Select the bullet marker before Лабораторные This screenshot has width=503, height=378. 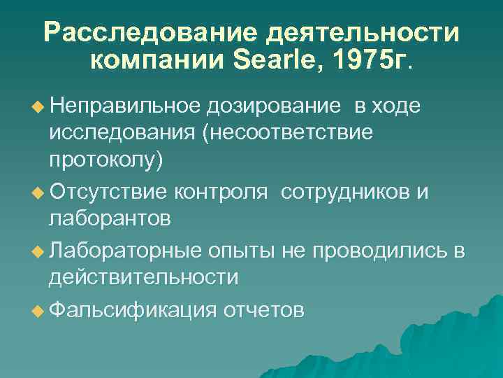click(x=38, y=250)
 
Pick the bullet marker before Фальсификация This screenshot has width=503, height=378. click(x=38, y=309)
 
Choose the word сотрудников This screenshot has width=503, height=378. click(x=347, y=191)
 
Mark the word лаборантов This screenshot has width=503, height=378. click(x=109, y=219)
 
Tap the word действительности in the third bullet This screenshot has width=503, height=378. click(x=143, y=278)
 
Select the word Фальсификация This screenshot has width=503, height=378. click(x=133, y=308)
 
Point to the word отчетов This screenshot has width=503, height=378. click(x=263, y=308)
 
